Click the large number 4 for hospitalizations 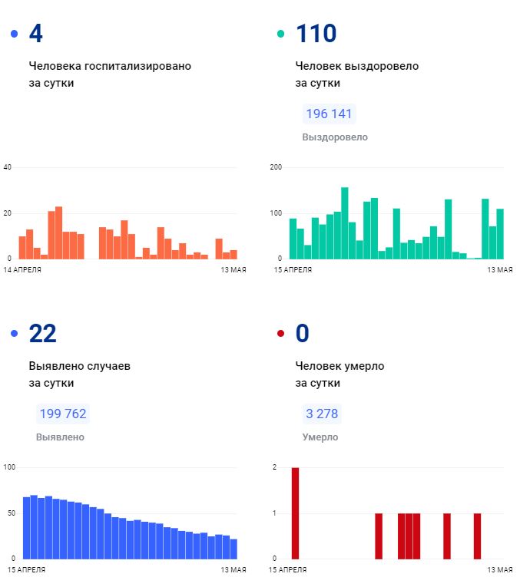35,34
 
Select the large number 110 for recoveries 316,34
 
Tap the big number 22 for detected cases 42,333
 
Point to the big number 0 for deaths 302,333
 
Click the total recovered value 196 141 329,114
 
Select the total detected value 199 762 61,414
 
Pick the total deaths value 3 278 322,414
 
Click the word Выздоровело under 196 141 335,137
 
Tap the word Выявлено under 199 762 60,437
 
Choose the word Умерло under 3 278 320,437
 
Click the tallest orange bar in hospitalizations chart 58,232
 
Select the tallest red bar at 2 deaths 295,513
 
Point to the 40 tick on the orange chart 8,167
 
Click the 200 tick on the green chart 277,167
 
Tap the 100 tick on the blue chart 9,467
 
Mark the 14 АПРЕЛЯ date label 23,270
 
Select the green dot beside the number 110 280,34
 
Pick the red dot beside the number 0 280,333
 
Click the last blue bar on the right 234,549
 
